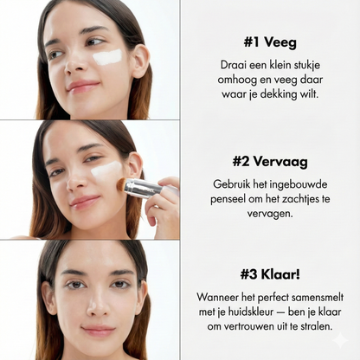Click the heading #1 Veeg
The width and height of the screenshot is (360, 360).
pyautogui.click(x=271, y=41)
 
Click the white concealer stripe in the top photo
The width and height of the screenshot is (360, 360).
pyautogui.click(x=107, y=57)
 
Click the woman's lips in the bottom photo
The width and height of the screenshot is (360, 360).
pyautogui.click(x=98, y=331)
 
